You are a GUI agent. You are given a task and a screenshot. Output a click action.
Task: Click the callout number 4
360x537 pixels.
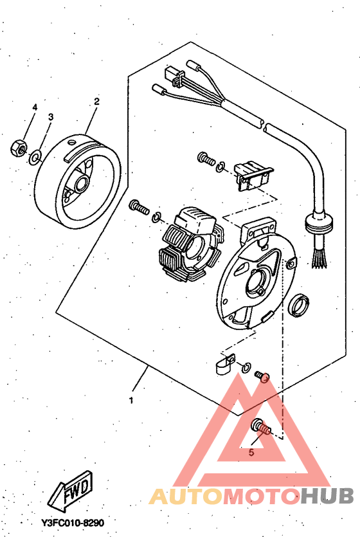click(35, 107)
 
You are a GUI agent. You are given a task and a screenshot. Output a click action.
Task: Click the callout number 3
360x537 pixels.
click(51, 117)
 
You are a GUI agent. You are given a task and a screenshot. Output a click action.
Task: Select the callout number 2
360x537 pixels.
click(97, 102)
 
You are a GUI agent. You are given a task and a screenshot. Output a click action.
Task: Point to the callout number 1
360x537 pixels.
click(130, 400)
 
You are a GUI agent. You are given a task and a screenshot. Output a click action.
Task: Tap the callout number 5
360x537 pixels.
click(251, 452)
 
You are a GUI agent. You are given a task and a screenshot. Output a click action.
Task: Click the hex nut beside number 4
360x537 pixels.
click(19, 148)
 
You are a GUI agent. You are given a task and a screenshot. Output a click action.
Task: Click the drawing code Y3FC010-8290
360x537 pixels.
click(72, 523)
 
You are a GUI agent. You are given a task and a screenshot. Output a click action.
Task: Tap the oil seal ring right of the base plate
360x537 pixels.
click(298, 304)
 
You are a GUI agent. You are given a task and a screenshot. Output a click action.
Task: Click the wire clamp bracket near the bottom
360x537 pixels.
click(225, 363)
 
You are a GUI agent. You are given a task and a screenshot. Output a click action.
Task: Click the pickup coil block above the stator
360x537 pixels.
click(253, 176)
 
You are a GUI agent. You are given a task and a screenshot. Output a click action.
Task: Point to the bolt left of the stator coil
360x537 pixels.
click(139, 207)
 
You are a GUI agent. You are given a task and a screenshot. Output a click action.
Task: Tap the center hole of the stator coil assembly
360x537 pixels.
click(195, 247)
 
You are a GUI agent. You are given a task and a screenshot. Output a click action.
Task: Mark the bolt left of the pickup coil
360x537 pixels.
click(206, 159)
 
